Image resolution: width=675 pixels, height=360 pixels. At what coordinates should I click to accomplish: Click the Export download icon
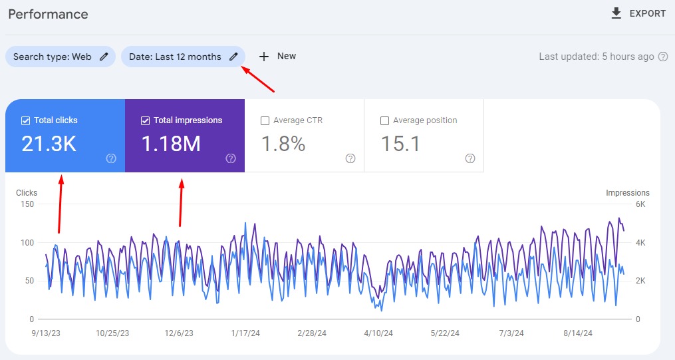[616, 13]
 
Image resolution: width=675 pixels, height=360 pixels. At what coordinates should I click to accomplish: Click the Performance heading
[48, 14]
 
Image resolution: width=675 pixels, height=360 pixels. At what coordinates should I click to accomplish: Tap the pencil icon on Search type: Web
[104, 57]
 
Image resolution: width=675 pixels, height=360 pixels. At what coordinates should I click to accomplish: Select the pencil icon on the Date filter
[233, 57]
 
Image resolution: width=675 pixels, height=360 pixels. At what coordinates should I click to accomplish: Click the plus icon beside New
[264, 57]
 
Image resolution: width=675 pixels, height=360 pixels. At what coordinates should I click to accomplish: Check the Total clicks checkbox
[25, 120]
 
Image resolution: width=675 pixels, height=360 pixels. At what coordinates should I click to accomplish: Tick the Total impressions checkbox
[145, 120]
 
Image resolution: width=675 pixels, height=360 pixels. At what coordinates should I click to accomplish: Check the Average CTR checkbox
[265, 120]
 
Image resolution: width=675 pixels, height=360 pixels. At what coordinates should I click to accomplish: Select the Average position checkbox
[384, 120]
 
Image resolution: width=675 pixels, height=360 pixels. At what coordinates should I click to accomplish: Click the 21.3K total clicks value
[49, 143]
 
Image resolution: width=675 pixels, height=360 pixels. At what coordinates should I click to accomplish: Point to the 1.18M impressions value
[171, 143]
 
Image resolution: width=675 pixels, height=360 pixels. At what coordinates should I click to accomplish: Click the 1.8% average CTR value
[283, 143]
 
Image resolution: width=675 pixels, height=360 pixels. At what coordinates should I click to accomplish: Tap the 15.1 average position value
[400, 143]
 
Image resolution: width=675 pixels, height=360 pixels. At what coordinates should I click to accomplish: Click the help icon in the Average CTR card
[350, 158]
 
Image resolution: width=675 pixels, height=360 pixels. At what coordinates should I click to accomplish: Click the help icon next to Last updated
[663, 57]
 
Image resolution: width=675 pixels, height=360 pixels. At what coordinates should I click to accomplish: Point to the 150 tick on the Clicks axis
[27, 204]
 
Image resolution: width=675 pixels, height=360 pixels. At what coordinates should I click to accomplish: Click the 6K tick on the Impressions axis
[640, 204]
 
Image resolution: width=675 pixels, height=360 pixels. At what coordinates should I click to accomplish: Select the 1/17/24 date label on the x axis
[245, 333]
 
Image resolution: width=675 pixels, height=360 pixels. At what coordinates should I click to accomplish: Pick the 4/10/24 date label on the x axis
[378, 333]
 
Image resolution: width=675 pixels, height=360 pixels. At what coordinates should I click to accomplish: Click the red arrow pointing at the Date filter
[257, 79]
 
